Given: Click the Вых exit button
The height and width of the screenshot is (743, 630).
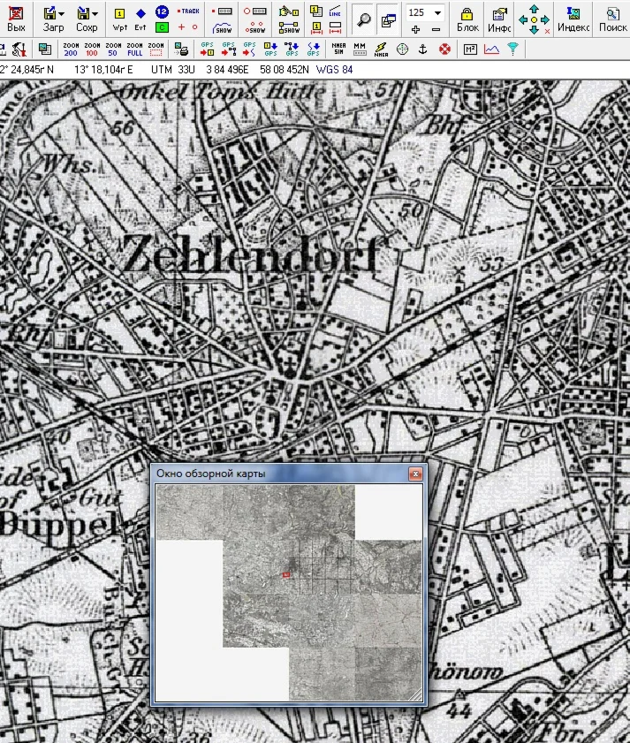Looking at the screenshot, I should tap(15, 19).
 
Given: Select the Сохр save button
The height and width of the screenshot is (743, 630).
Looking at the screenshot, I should tap(87, 19).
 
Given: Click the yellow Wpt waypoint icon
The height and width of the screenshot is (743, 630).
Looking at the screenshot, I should tap(120, 19).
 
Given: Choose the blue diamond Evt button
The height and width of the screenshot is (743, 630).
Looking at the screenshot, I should tap(140, 19).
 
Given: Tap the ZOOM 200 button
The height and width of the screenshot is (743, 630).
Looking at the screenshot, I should tap(71, 49).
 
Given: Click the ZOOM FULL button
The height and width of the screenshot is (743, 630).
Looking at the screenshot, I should tap(134, 49).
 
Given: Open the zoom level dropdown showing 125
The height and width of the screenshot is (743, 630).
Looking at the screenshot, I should tap(436, 12).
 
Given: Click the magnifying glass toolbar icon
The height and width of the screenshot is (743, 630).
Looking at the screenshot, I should tap(362, 19).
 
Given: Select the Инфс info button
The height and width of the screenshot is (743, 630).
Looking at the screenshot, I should tap(500, 19).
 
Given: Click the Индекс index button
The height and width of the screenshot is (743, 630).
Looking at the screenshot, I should tap(573, 19).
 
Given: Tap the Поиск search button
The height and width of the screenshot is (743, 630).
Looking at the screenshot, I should tap(612, 19).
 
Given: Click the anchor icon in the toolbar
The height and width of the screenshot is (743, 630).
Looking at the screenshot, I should tap(422, 49).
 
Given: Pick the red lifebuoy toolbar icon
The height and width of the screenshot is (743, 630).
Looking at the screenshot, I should tap(444, 49).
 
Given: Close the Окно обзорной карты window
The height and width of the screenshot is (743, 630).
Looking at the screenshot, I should tap(414, 474).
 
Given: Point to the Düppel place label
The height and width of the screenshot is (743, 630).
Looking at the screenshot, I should tap(57, 523).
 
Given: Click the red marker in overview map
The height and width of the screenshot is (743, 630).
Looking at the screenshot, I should tap(286, 575).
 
